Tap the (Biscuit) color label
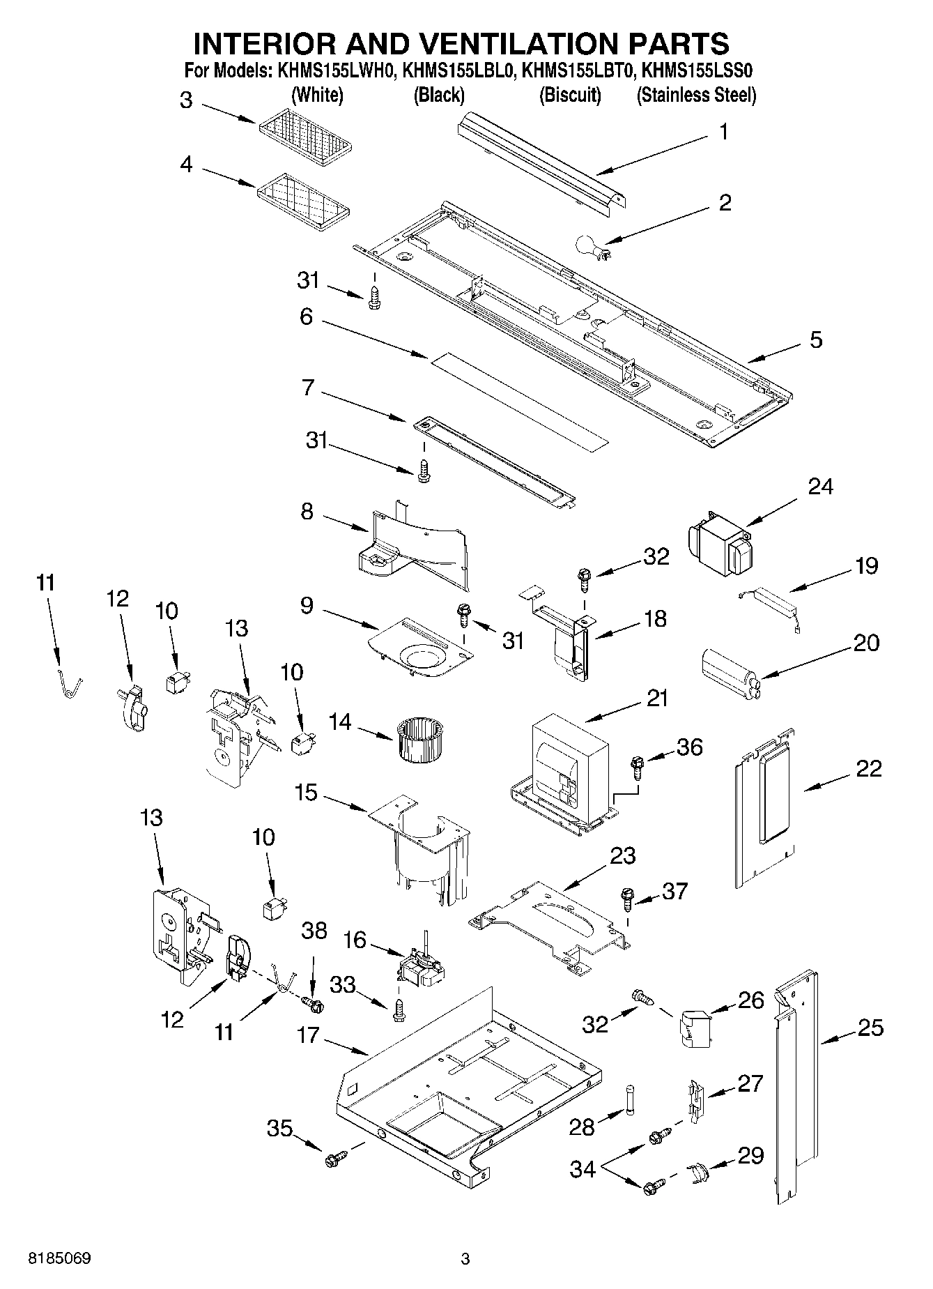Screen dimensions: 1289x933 [569, 95]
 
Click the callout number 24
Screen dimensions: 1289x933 [820, 486]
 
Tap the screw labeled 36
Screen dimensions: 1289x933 [637, 767]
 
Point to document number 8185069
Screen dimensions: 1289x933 [59, 1258]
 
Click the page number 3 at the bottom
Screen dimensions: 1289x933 [465, 1259]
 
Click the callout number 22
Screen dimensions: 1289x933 [869, 768]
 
